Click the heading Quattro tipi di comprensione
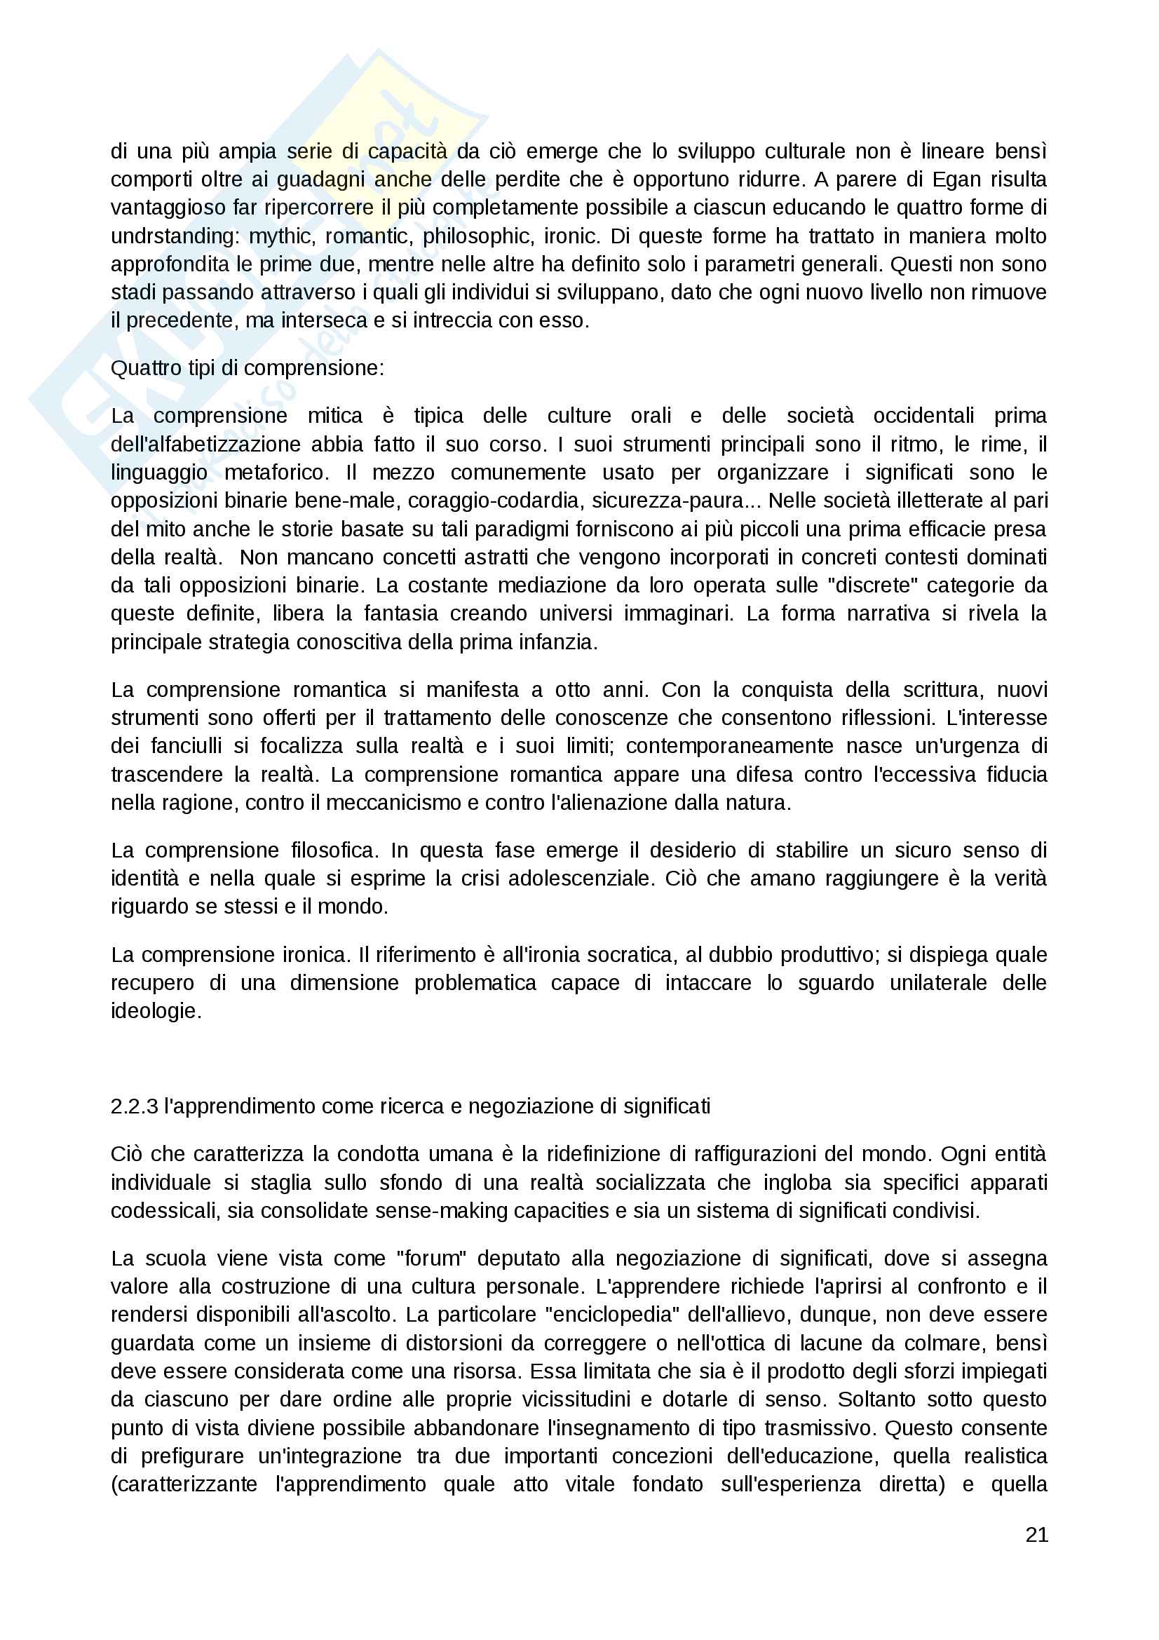tap(247, 368)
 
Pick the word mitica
tap(335, 416)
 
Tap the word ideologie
tap(155, 1011)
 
